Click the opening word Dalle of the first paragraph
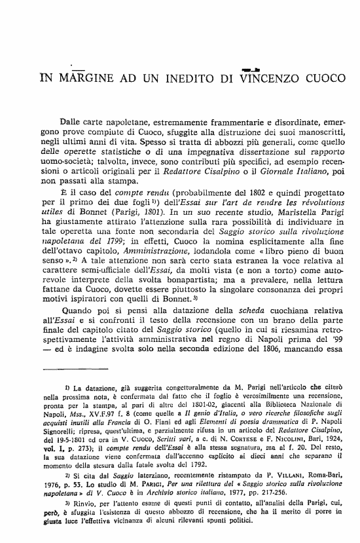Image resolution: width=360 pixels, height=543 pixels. pos(72,121)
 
